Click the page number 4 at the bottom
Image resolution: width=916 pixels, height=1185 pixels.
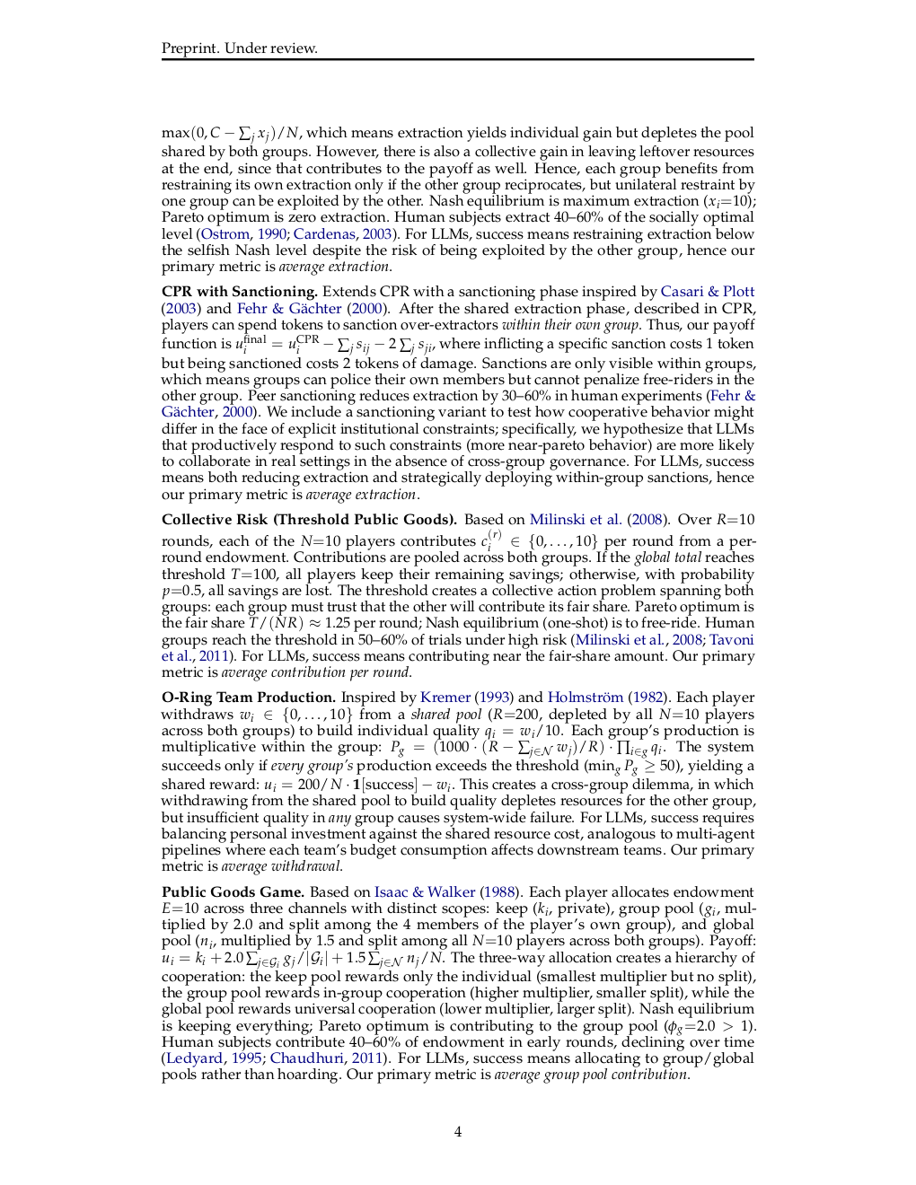coord(458,1131)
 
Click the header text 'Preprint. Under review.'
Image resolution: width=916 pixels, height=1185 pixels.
coord(240,48)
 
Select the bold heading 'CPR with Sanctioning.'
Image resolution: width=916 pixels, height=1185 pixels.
coord(240,292)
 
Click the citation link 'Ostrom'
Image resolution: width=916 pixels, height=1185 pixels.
coord(225,234)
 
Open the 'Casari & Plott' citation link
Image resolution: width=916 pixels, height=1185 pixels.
coord(708,292)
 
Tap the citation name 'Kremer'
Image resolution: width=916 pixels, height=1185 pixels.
coord(445,698)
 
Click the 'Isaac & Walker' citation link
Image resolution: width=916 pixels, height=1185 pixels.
coord(425,892)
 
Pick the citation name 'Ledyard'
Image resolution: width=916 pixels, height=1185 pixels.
coord(194,1058)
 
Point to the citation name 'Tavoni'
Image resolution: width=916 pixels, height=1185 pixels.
coord(732,640)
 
